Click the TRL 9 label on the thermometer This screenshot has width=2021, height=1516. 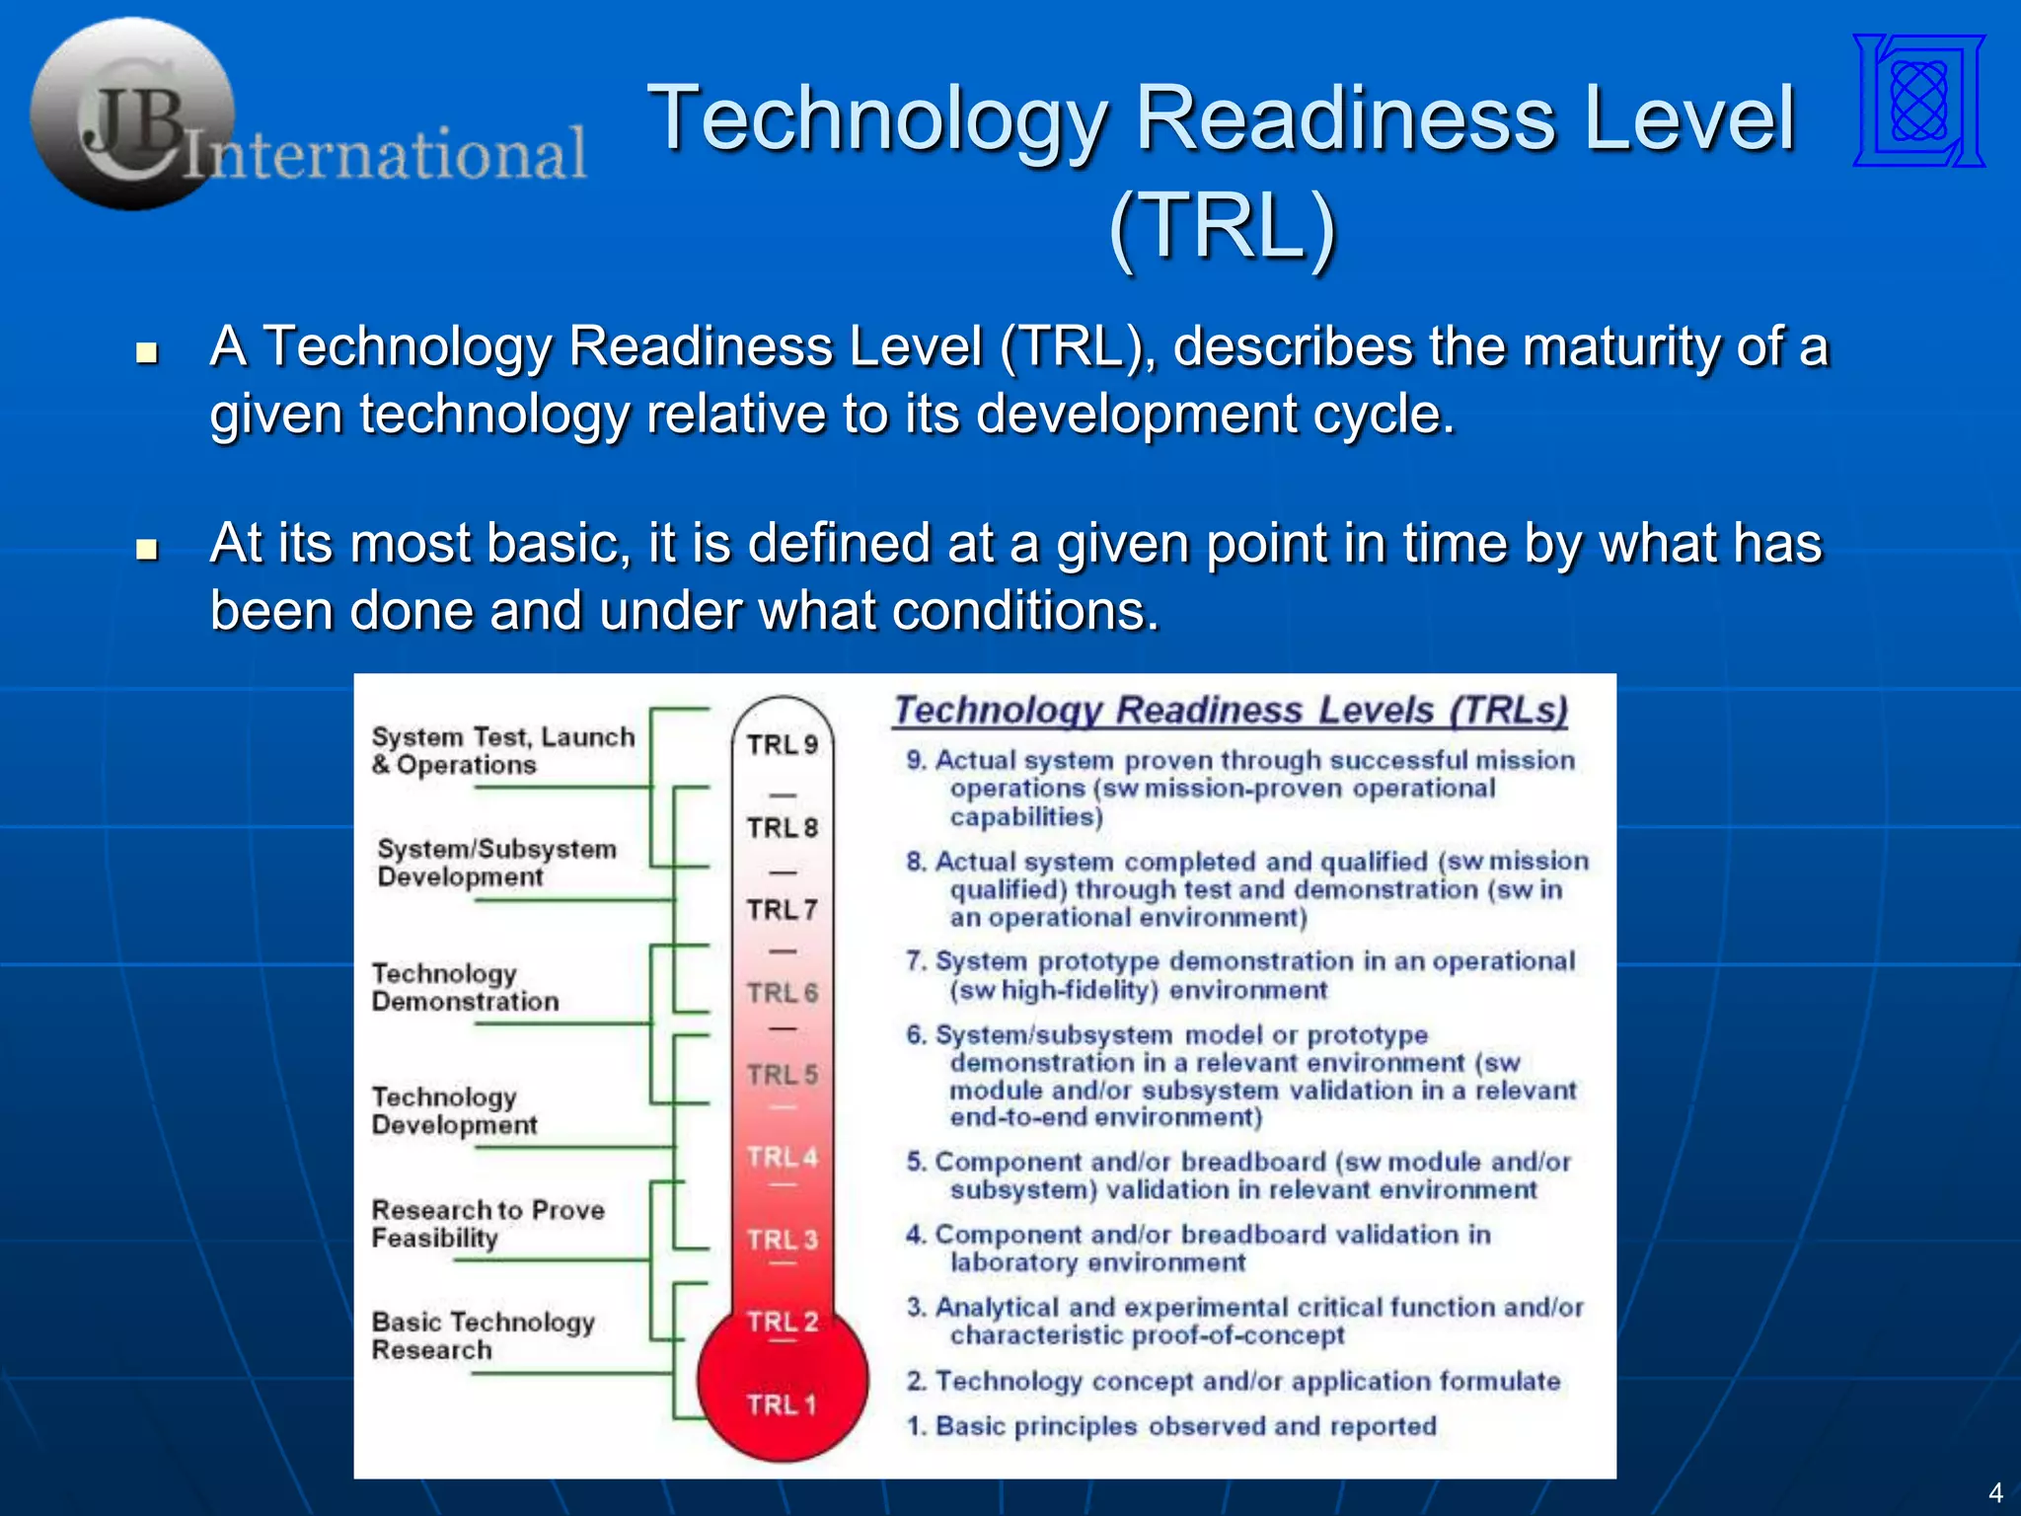[782, 745]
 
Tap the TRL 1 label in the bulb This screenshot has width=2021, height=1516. [782, 1404]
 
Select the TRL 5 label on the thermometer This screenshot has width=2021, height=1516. [782, 1074]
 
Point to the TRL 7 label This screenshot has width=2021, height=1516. [782, 909]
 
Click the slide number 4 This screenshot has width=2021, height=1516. [1994, 1492]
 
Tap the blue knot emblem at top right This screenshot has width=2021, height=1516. [1918, 101]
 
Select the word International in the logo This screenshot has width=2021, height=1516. [385, 155]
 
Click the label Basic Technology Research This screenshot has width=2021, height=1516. [483, 1335]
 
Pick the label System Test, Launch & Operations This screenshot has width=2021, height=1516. [502, 751]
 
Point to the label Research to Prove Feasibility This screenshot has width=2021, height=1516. [487, 1224]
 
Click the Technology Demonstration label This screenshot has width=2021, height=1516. [465, 987]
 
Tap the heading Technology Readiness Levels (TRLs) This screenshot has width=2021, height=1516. [1230, 711]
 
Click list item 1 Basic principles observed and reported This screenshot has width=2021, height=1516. [1171, 1426]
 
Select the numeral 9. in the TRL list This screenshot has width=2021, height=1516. [916, 761]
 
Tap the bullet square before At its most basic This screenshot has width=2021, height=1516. [147, 549]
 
